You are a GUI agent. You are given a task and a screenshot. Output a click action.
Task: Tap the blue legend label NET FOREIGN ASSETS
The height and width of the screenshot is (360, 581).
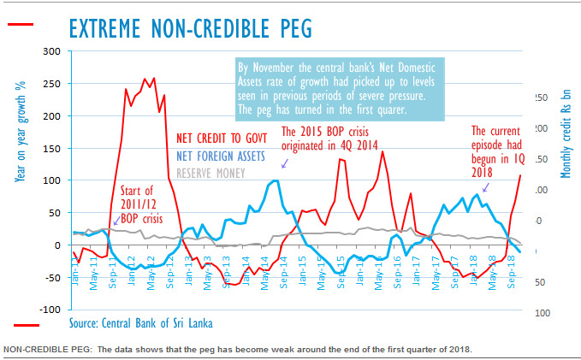point(223,156)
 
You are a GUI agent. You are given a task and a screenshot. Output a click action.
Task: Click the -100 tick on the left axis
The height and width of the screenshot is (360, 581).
point(52,310)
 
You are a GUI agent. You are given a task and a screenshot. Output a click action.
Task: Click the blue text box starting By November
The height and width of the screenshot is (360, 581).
point(329,88)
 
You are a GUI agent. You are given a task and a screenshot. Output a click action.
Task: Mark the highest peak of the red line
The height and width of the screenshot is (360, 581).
point(144,79)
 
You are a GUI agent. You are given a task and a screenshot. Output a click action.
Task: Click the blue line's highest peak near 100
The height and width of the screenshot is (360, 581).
point(274,180)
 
